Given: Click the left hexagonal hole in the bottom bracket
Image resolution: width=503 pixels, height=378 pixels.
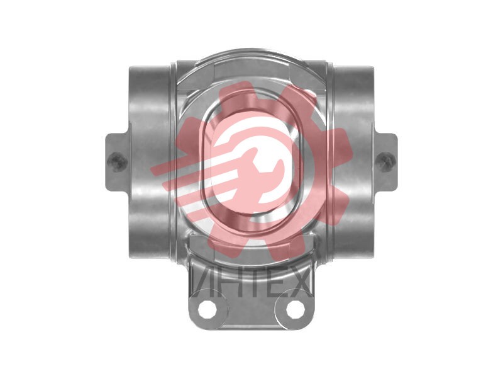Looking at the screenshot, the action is pyautogui.click(x=207, y=309).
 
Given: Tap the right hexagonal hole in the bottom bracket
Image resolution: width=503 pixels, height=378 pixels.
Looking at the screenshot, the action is pyautogui.click(x=295, y=309).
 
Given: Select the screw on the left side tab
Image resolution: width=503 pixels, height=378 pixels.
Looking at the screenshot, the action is pyautogui.click(x=116, y=161).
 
